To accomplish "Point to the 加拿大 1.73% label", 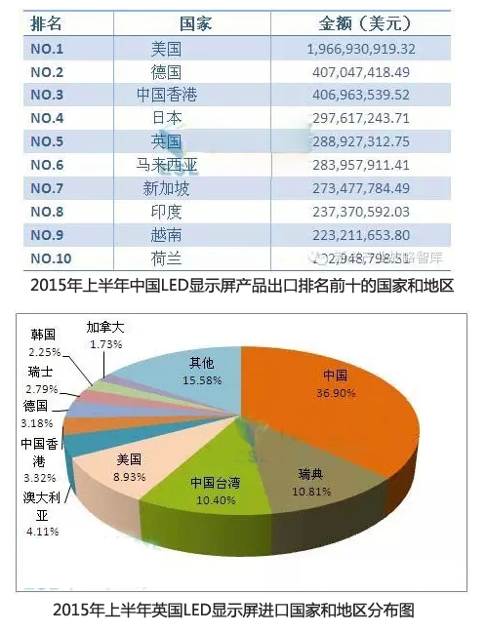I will click(x=105, y=336).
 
